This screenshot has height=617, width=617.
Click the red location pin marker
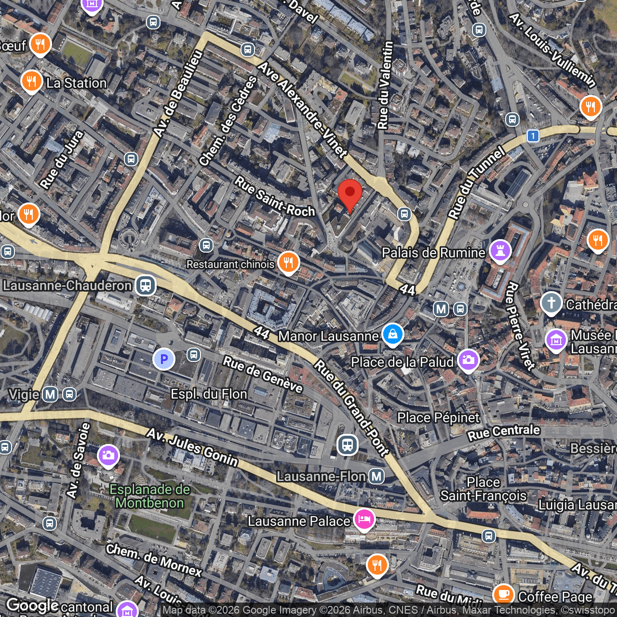click(x=350, y=194)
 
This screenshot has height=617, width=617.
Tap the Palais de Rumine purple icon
click(x=500, y=250)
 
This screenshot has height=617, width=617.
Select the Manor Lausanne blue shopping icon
click(x=393, y=334)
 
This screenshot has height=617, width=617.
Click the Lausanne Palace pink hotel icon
click(x=364, y=520)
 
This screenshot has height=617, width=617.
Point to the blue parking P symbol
click(x=163, y=359)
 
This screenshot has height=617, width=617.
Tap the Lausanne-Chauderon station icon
click(x=145, y=285)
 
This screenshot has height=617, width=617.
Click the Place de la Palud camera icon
click(x=468, y=360)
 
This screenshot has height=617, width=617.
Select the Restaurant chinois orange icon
click(x=288, y=263)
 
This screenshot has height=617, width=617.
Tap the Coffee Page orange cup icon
click(x=504, y=595)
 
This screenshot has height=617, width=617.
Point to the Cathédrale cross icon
click(x=551, y=303)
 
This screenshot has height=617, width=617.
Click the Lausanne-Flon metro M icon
click(x=376, y=477)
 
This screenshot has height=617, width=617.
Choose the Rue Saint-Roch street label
click(x=275, y=197)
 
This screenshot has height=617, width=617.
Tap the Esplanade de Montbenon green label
click(x=149, y=496)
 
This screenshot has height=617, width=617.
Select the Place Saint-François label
click(x=483, y=489)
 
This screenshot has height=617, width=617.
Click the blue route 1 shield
click(x=533, y=136)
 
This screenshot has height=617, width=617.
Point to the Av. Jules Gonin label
click(x=192, y=448)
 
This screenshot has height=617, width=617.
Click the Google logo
click(x=32, y=605)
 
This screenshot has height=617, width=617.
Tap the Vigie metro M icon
click(x=51, y=394)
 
